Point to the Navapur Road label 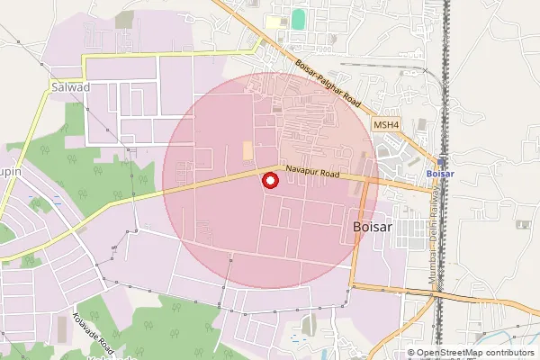(315, 170)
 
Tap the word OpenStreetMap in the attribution (450, 353)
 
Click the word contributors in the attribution (509, 353)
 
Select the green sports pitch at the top (298, 18)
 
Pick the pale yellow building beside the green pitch (274, 21)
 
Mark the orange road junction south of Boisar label (353, 286)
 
